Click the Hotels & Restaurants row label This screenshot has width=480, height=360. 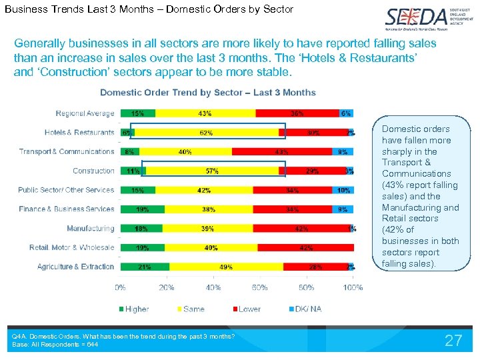pos(79,133)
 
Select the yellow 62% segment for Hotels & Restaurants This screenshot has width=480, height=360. pos(206,133)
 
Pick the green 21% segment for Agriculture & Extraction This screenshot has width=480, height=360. pos(145,267)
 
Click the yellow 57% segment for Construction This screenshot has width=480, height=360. pos(212,171)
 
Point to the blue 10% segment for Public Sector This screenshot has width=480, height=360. pos(343,191)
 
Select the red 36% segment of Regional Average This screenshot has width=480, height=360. pos(297,113)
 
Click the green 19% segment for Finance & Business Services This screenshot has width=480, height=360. pos(142,209)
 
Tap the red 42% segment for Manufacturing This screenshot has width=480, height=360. pos(301,229)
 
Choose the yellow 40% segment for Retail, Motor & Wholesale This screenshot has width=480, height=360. pos(211,248)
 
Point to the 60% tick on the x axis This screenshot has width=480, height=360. pos(306,288)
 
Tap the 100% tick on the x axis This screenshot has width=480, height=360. pos(353,288)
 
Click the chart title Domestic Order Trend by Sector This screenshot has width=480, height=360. pos(207,92)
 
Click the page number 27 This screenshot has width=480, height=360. pos(453,341)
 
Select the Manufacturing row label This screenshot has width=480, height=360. pos(91,229)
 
